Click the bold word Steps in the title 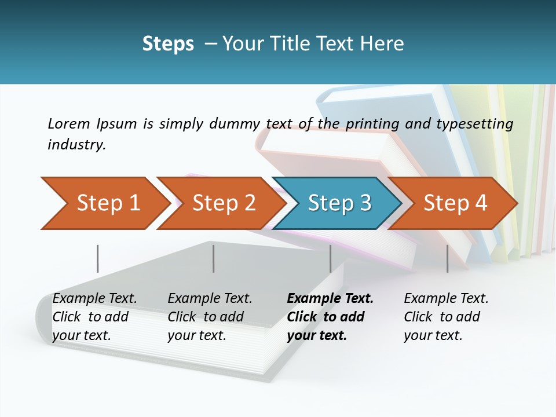click(x=168, y=44)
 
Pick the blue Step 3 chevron click(x=339, y=203)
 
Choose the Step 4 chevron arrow click(x=455, y=203)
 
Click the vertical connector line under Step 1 click(x=98, y=258)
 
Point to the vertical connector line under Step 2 click(x=214, y=258)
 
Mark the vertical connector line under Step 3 click(x=330, y=258)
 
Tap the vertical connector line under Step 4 click(x=447, y=258)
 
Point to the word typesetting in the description click(x=478, y=124)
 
